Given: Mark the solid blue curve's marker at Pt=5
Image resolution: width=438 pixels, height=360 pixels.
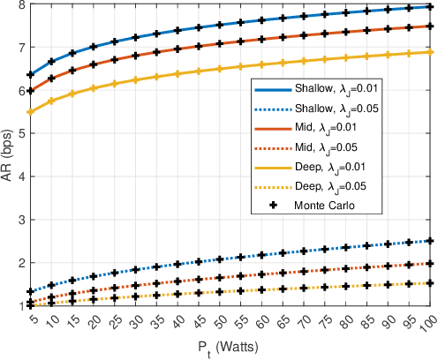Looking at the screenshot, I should tap(31, 75).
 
